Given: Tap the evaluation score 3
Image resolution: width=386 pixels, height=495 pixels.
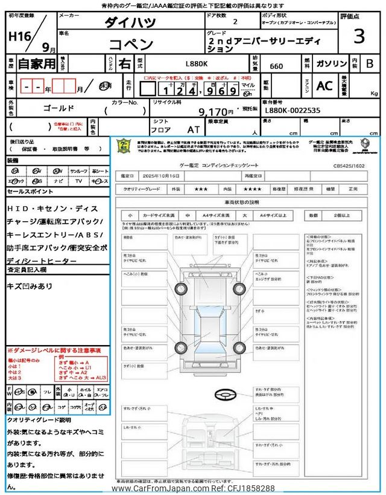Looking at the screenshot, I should tap(359, 36).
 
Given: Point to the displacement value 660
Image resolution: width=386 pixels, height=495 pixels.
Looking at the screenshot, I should tap(277, 66).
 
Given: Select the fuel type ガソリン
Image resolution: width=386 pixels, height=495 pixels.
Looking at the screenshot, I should tap(331, 63).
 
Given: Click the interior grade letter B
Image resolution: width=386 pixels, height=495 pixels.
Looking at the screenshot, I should tap(370, 63).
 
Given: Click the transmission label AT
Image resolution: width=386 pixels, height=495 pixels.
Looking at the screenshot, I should tap(193, 129).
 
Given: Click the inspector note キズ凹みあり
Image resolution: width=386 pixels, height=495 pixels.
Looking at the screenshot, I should tap(30, 285).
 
